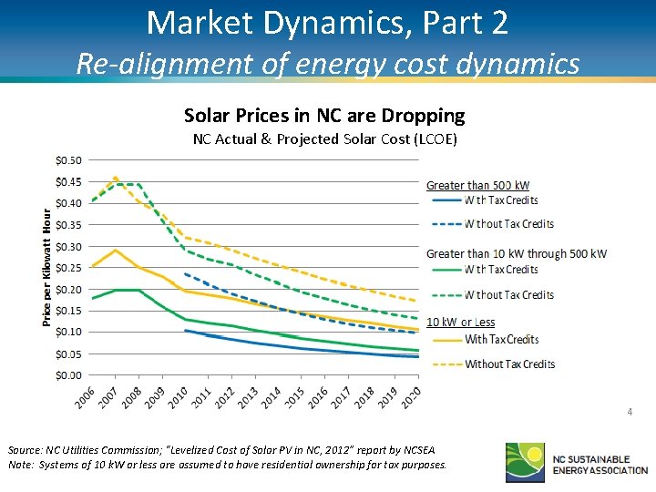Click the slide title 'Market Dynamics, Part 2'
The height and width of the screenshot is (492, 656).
327,23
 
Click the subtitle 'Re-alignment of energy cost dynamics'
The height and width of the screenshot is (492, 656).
327,64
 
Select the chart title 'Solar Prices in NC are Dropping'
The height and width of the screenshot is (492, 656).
324,116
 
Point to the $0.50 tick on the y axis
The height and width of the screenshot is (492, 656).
68,160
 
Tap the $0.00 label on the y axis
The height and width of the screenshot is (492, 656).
68,375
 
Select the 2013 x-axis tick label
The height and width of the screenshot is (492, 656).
246,398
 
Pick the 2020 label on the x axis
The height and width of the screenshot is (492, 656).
412,398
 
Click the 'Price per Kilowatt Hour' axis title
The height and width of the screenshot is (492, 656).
46,266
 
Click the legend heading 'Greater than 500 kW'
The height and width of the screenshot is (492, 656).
478,186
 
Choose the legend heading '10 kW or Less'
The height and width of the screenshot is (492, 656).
461,322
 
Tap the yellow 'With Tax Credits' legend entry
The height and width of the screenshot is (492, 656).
501,340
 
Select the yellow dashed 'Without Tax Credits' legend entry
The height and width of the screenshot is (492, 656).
509,364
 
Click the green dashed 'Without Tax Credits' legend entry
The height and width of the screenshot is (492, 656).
508,295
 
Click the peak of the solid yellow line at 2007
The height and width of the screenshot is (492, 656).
115,250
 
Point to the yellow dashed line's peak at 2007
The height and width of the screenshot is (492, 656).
115,178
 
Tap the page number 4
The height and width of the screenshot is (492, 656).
629,413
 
